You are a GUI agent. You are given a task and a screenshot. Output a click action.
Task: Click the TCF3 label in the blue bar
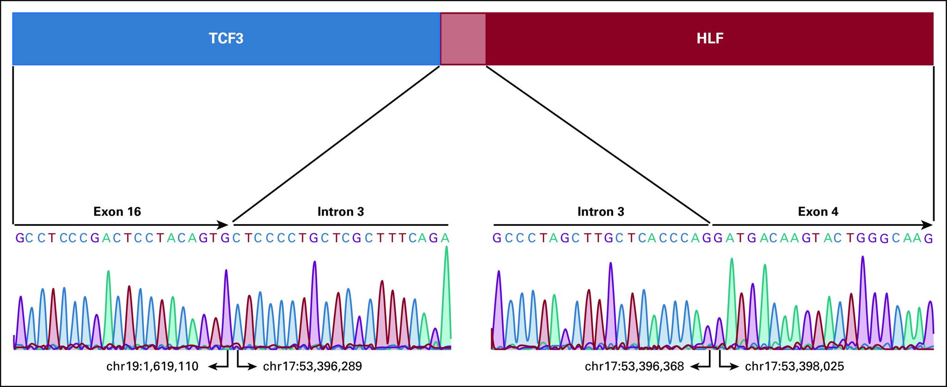point(226,38)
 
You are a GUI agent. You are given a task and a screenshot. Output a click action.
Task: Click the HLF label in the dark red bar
point(710,38)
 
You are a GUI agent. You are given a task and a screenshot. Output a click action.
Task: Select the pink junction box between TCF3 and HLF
point(463,38)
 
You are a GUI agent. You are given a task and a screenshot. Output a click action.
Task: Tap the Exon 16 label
point(117,212)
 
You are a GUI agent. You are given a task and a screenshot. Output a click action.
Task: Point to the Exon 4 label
point(818,212)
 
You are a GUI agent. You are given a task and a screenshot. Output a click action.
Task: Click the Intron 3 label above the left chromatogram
point(340,212)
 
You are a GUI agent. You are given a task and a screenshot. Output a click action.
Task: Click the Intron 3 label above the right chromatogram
point(601,212)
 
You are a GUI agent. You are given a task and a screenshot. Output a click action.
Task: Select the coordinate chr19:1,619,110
point(152,367)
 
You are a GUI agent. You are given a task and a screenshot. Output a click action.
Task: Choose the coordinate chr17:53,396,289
point(312,367)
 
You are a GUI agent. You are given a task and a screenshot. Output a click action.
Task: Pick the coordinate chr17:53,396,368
point(634,367)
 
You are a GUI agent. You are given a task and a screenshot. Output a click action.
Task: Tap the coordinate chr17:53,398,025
point(794,367)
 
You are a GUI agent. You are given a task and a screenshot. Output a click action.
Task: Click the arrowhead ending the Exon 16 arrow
point(224,225)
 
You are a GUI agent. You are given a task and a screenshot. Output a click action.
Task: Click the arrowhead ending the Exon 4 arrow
point(929,225)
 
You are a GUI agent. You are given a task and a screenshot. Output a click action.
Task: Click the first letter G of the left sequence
point(19,238)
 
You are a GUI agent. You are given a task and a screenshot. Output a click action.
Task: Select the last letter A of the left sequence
point(445,238)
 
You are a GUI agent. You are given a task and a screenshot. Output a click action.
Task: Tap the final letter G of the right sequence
point(928,238)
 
